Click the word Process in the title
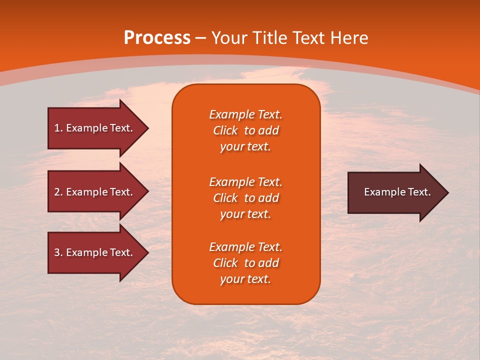pyautogui.click(x=157, y=38)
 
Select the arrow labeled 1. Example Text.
pyautogui.click(x=93, y=128)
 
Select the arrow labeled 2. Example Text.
pyautogui.click(x=93, y=192)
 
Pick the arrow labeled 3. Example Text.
pyautogui.click(x=93, y=252)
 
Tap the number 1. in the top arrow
pyautogui.click(x=58, y=128)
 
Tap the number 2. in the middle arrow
pyautogui.click(x=58, y=192)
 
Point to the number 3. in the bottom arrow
pyautogui.click(x=58, y=252)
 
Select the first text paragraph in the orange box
pyautogui.click(x=246, y=130)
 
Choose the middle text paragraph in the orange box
pyautogui.click(x=246, y=198)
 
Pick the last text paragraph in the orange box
pyautogui.click(x=246, y=263)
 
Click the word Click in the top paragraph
pyautogui.click(x=225, y=130)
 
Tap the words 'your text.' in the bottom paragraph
pyautogui.click(x=245, y=279)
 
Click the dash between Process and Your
pyautogui.click(x=201, y=38)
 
